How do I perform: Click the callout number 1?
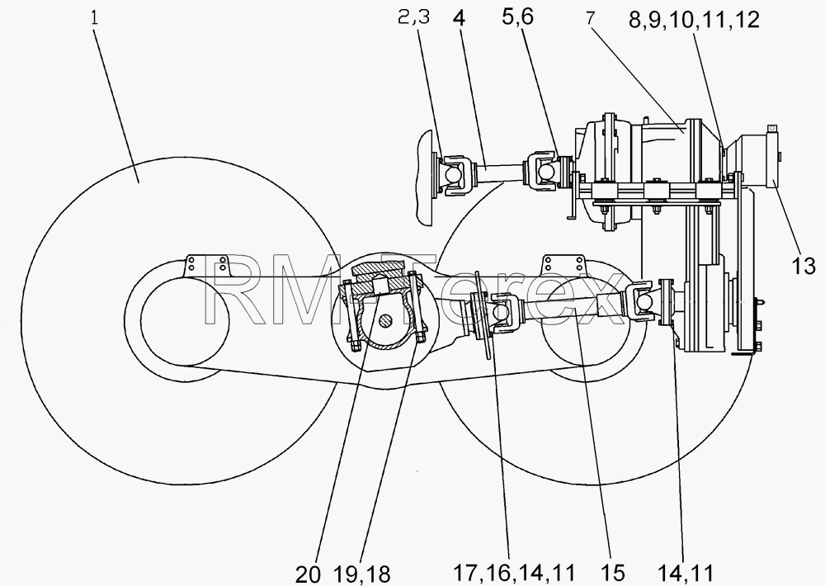point(95,19)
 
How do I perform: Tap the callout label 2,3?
point(413,17)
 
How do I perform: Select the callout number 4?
point(459,18)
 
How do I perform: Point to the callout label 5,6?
point(518,17)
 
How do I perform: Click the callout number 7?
point(590,18)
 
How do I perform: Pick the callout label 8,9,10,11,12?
point(694,21)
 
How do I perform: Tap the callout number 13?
point(804,267)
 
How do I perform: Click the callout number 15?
point(614,573)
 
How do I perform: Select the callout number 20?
point(307,574)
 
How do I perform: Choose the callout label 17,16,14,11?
point(514,573)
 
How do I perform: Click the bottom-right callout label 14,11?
point(686,573)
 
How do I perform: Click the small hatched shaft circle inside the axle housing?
point(387,319)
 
